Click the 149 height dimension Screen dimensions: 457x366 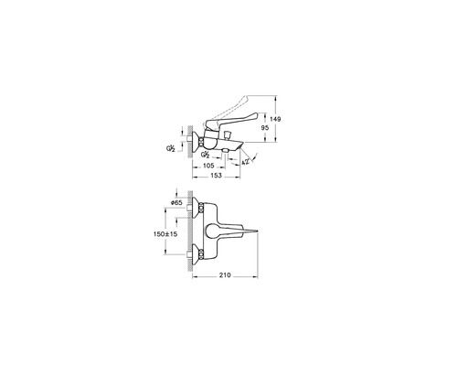pos(275,119)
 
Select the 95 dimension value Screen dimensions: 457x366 pos(265,128)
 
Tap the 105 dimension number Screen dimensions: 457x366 pos(208,166)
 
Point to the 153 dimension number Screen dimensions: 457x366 pos(216,176)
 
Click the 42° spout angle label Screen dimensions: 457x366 pos(245,162)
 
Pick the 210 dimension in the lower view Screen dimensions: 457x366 pos(225,275)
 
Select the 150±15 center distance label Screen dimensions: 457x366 pos(165,234)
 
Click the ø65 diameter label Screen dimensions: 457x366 pos(176,202)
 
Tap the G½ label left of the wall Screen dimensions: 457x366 pos(171,148)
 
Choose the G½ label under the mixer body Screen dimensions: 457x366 pos(205,155)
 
